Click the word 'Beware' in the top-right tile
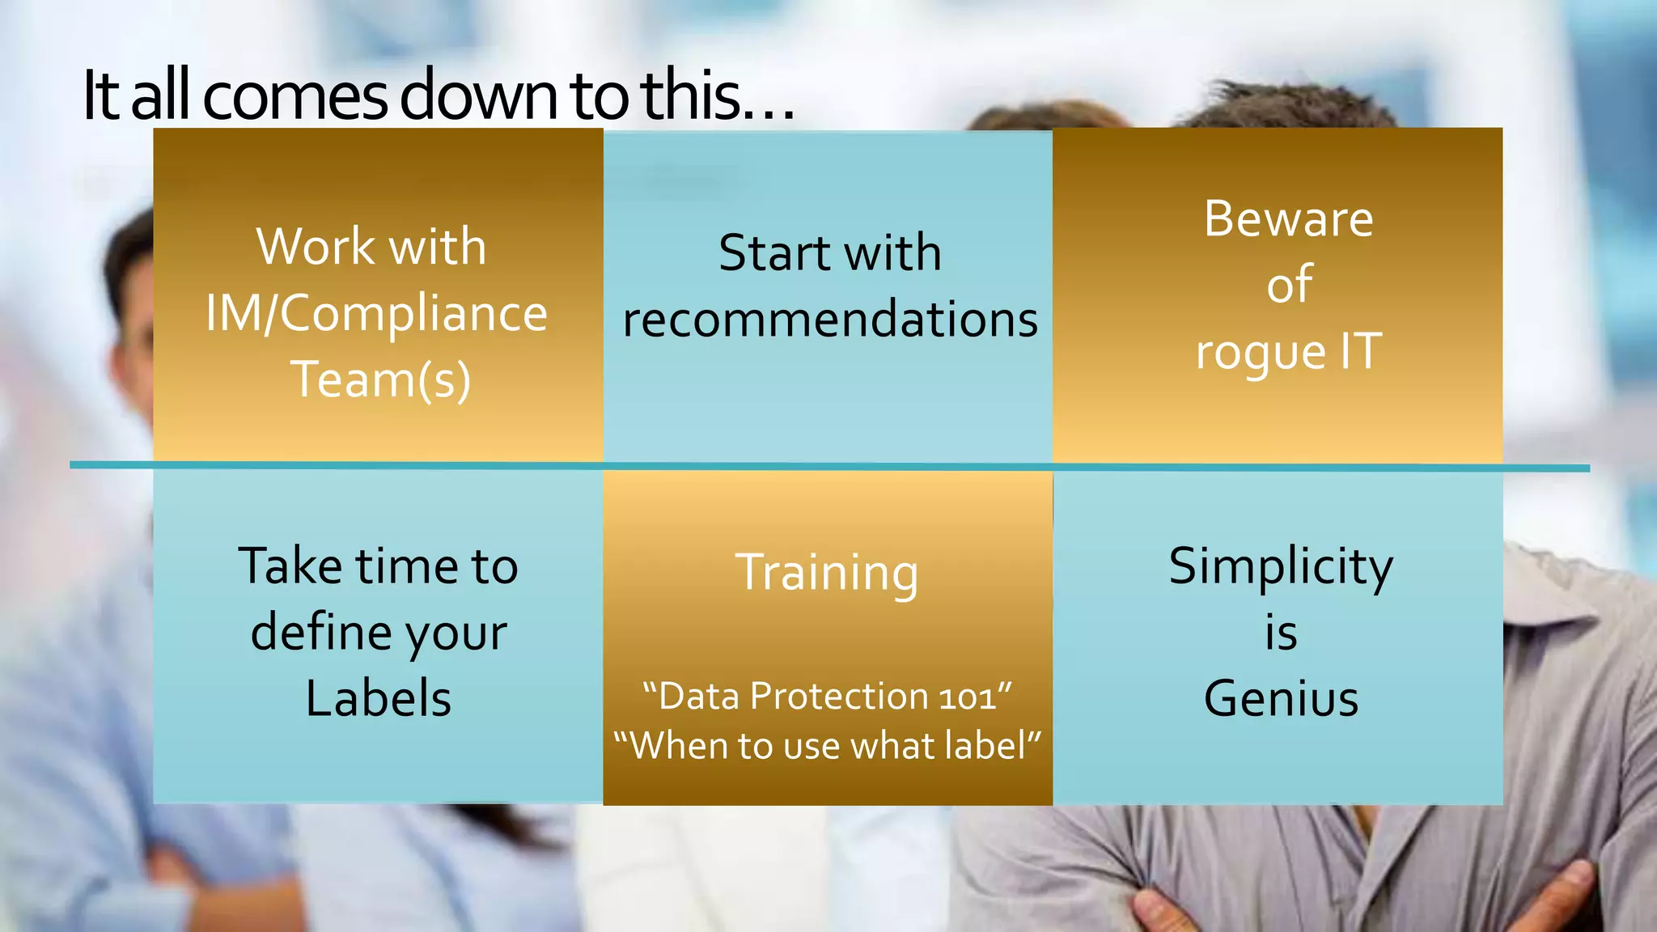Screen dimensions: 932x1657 [x=1288, y=218]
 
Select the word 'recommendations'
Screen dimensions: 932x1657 [x=830, y=319]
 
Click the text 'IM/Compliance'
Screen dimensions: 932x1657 [x=376, y=313]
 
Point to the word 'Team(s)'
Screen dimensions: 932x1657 [x=380, y=379]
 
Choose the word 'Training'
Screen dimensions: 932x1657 [x=827, y=573]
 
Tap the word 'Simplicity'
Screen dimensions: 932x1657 [x=1281, y=566]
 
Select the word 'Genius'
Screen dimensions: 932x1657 [x=1281, y=698]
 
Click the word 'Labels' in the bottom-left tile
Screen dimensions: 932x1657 [x=378, y=698]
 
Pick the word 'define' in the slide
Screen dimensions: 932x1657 [x=320, y=632]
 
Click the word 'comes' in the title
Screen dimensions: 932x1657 [x=295, y=95]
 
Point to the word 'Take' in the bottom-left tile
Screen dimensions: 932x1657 [x=289, y=566]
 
